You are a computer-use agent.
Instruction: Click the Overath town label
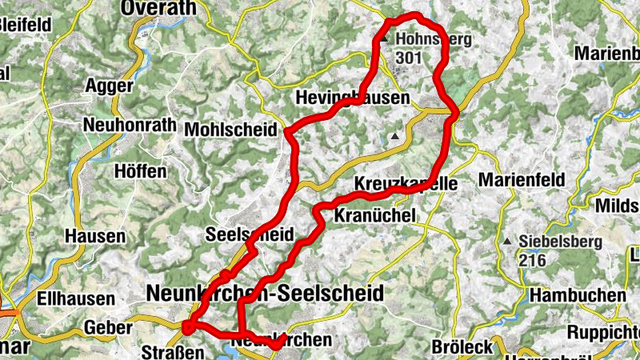point(158,8)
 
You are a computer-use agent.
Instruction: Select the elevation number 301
point(408,58)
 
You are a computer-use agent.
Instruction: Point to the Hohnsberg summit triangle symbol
point(384,38)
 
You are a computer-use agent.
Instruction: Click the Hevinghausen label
point(352,98)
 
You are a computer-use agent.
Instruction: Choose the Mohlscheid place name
point(232,130)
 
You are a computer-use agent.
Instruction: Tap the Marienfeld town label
point(522,178)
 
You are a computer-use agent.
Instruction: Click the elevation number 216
point(532,260)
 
